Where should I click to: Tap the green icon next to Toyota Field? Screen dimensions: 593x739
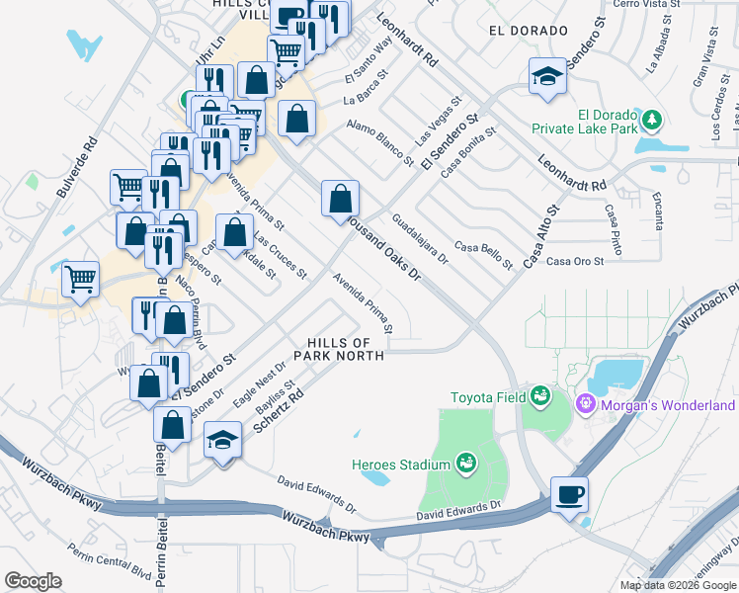[540, 396]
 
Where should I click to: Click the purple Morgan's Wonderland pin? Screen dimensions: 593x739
[584, 404]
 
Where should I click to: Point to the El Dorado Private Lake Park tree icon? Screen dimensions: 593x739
[651, 121]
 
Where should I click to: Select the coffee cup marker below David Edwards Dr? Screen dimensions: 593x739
[569, 493]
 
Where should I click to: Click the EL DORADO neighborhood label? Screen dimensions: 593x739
[517, 31]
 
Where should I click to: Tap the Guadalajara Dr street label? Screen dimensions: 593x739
[421, 239]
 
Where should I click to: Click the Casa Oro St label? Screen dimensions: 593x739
[574, 261]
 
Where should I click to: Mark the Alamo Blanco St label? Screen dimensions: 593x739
[379, 143]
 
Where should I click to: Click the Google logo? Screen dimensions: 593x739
[33, 581]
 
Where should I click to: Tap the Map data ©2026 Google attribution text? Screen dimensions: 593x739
[677, 584]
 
